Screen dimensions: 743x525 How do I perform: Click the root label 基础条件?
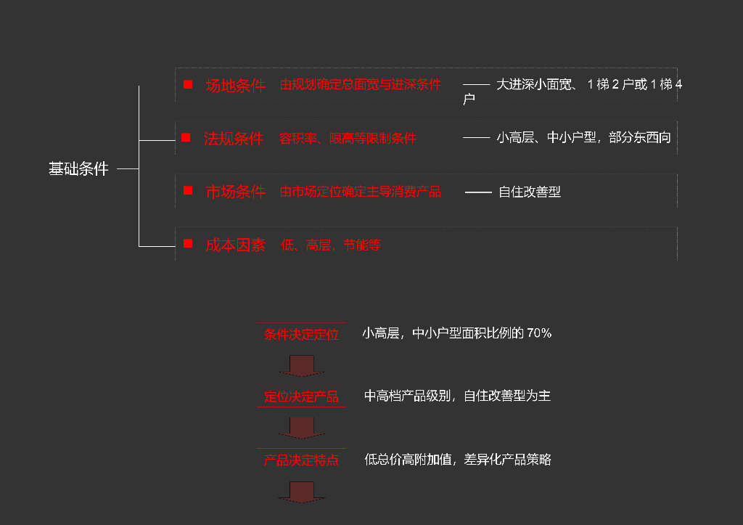click(78, 169)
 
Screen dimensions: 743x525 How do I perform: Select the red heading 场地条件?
click(235, 86)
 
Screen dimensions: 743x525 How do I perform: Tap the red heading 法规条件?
click(234, 139)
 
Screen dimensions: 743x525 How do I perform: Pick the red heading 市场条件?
click(235, 192)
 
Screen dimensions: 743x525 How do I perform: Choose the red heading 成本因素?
click(235, 245)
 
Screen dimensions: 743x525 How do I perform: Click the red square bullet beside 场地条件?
click(188, 85)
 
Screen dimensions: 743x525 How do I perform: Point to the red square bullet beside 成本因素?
click(188, 244)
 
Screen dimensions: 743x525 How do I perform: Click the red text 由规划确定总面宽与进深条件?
click(361, 85)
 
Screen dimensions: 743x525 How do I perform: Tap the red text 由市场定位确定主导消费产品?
click(361, 192)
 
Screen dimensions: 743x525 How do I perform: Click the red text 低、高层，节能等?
click(331, 245)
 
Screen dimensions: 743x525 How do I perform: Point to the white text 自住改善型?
click(530, 192)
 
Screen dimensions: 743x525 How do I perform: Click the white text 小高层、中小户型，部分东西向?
click(584, 138)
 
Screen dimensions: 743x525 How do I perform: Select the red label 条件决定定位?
click(301, 335)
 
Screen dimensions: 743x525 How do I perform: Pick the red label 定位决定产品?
click(301, 397)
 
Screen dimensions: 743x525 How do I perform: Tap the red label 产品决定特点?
click(301, 460)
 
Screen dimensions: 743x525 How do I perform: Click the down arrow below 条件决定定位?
click(301, 365)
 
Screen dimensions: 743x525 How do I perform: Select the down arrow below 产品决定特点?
click(301, 492)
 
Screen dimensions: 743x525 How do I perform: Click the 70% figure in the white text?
click(539, 333)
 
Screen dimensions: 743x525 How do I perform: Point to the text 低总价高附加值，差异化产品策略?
click(458, 460)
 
